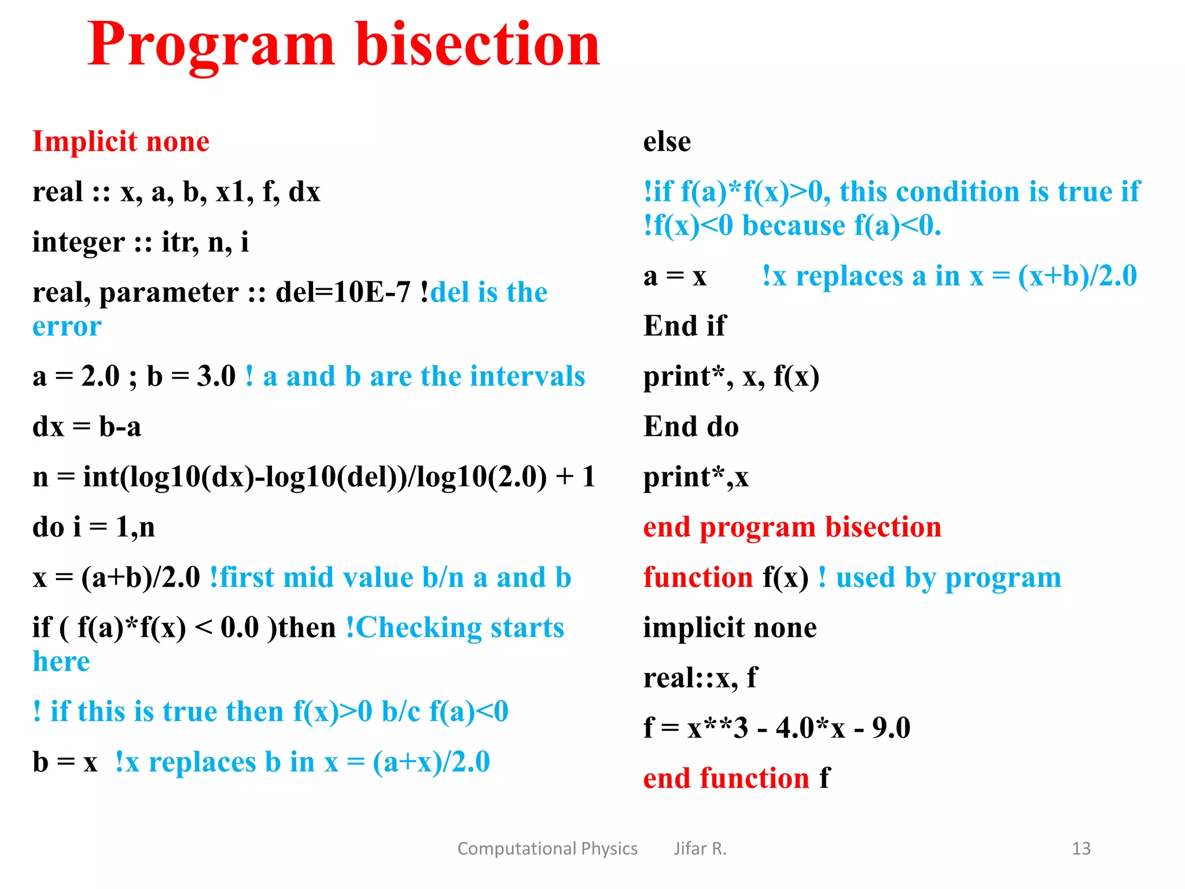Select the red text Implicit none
tap(121, 142)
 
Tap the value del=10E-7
tap(343, 292)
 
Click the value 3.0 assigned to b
tap(216, 377)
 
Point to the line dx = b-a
tap(87, 427)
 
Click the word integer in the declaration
tap(78, 242)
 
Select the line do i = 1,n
tap(94, 527)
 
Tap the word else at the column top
tap(667, 142)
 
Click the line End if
tap(684, 326)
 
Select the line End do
tap(691, 427)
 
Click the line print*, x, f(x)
tap(731, 377)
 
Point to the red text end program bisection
tap(792, 527)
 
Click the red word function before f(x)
tap(698, 578)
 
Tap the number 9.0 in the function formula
tap(891, 728)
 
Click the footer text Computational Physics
tap(547, 848)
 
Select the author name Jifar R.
tap(700, 848)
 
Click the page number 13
tap(1080, 848)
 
